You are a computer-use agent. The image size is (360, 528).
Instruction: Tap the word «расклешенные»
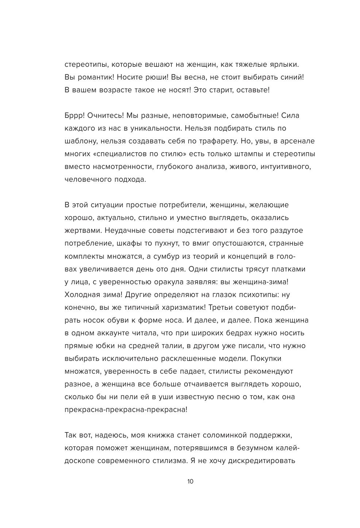pyautogui.click(x=166, y=358)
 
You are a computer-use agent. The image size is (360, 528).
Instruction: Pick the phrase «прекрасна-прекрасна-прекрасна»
pyautogui.click(x=126, y=409)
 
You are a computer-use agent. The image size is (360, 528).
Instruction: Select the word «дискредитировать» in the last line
pyautogui.click(x=261, y=460)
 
